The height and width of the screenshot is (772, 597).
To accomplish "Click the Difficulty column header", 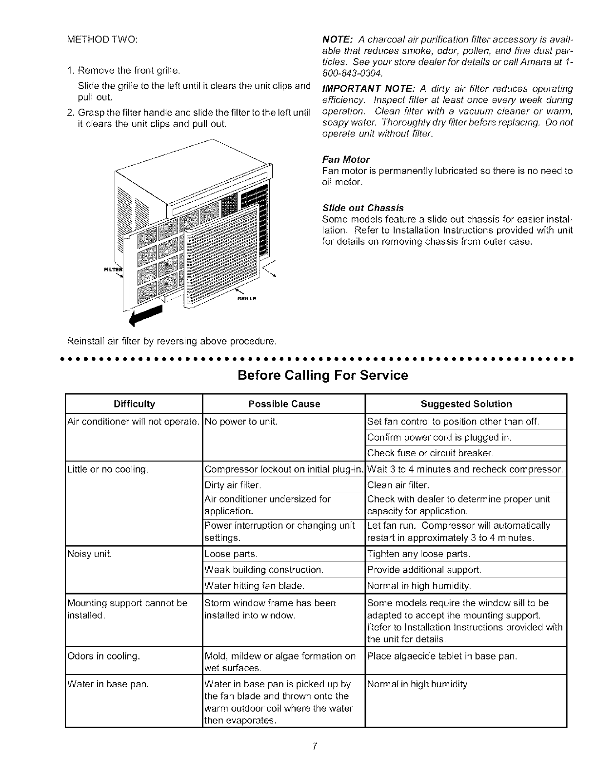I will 134,404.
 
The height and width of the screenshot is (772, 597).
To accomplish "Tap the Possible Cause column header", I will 284,404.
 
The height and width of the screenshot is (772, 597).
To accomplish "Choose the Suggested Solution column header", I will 466,404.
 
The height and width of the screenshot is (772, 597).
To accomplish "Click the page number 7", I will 316,746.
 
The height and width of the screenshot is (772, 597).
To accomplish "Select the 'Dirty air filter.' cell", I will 234,485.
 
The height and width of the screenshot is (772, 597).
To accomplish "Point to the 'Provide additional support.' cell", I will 424,569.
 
